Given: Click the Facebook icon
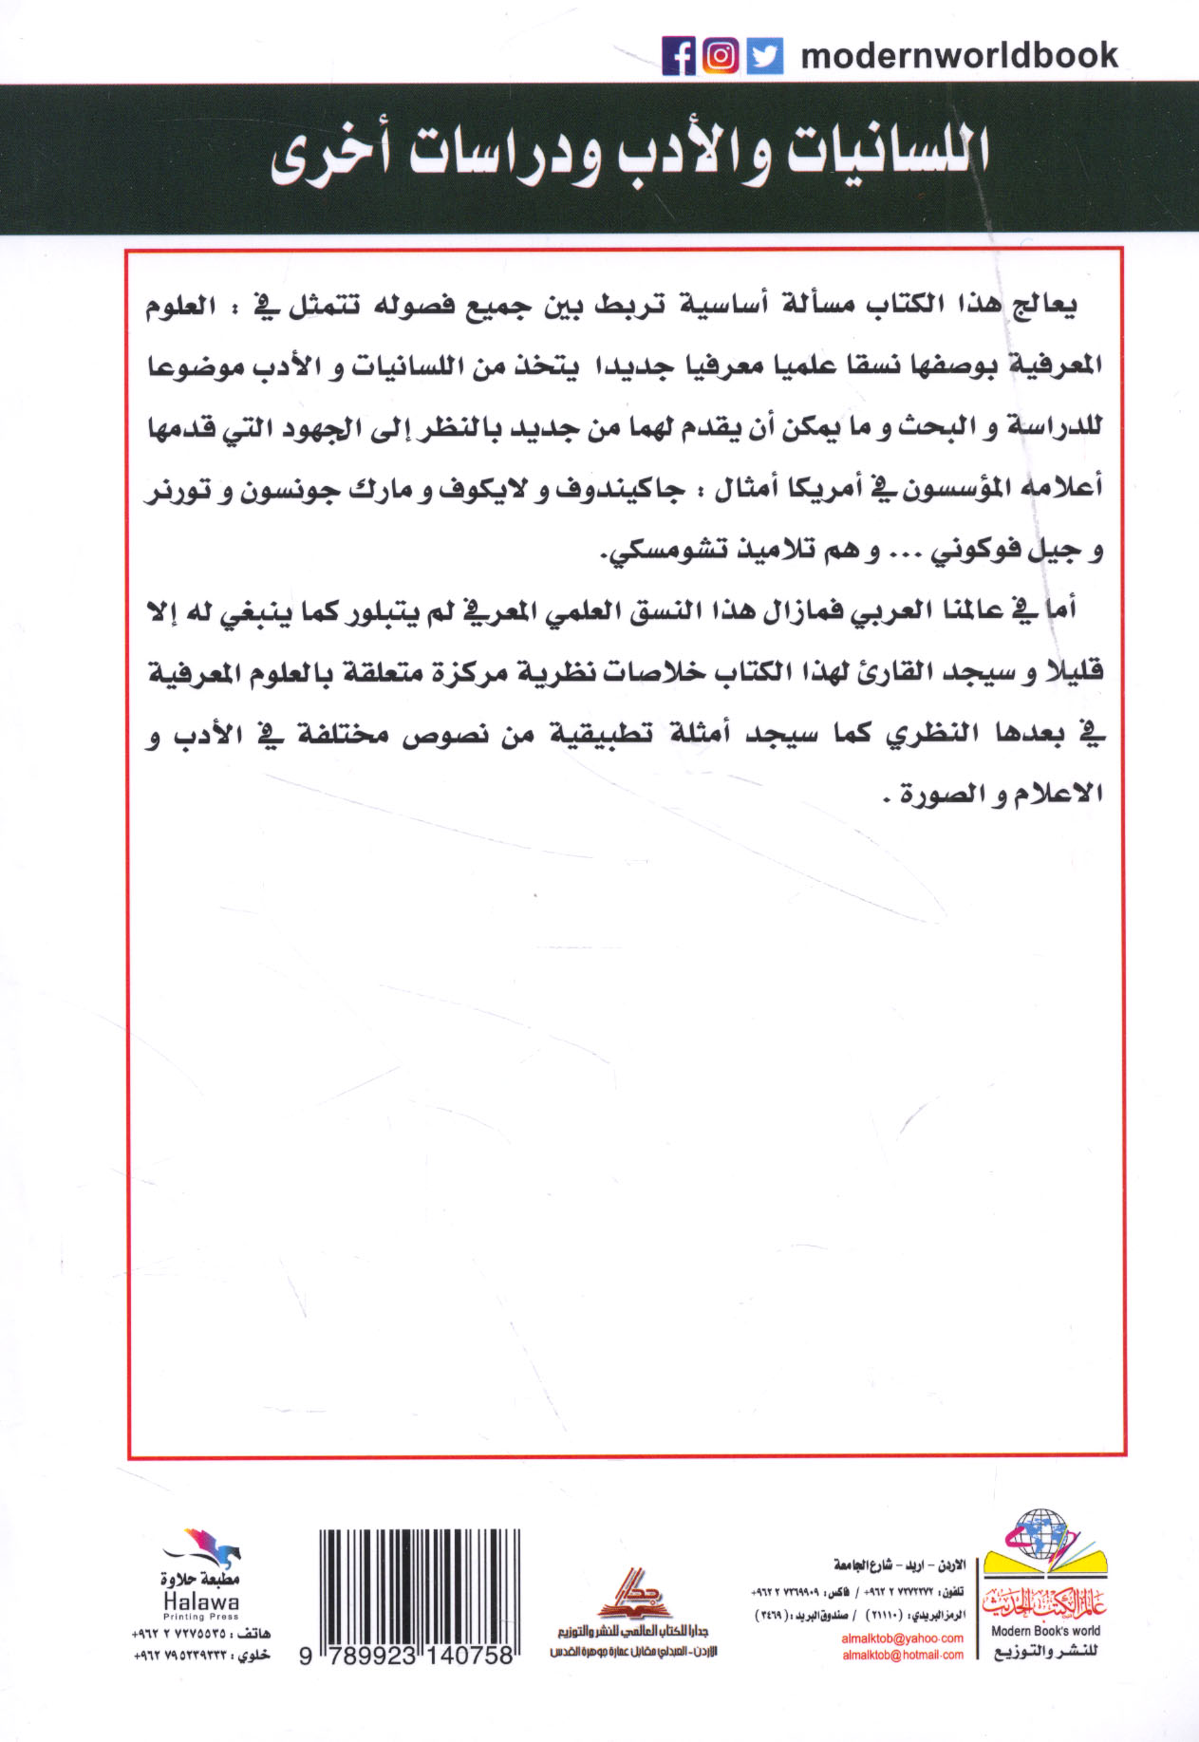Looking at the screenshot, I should click(679, 56).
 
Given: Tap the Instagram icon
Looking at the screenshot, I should click(721, 56).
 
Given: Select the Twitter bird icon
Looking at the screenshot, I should click(764, 56).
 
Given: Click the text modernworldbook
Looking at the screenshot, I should click(960, 56).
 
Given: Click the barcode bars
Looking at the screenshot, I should click(419, 1584).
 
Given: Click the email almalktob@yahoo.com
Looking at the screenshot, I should click(902, 1638).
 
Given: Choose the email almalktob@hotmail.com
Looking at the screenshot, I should click(902, 1655).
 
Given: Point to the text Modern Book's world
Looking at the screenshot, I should click(1045, 1631).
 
